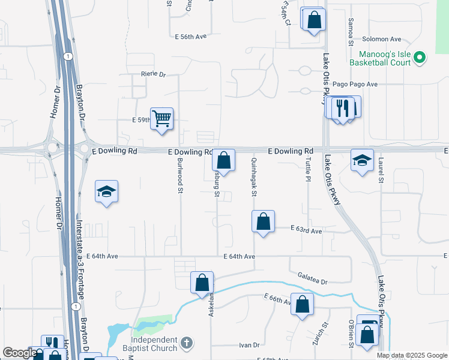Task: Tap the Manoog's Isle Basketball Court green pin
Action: (x=420, y=58)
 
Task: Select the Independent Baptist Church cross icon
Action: (x=187, y=343)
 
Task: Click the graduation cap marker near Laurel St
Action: (x=362, y=160)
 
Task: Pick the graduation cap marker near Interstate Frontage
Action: (x=106, y=191)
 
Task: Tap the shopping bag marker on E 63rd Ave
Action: (x=263, y=221)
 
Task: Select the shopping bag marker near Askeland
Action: (x=202, y=282)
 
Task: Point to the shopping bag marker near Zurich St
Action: (x=302, y=304)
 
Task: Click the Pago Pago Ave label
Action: (x=355, y=85)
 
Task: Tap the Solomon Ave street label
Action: (x=381, y=39)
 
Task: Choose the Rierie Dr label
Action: (x=153, y=74)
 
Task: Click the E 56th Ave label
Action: (x=191, y=37)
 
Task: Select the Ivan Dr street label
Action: (x=249, y=345)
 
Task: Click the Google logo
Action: (x=19, y=353)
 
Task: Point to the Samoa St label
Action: (x=351, y=32)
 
